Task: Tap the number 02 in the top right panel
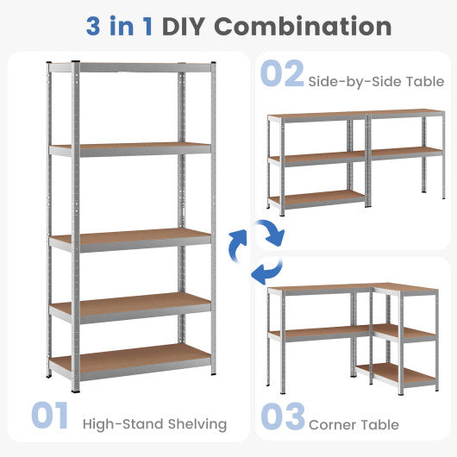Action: (281, 74)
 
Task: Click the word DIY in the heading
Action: (184, 26)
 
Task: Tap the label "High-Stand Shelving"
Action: (154, 423)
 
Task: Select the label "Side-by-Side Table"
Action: (376, 81)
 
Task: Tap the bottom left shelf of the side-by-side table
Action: (316, 198)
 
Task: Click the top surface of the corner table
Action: (345, 289)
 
